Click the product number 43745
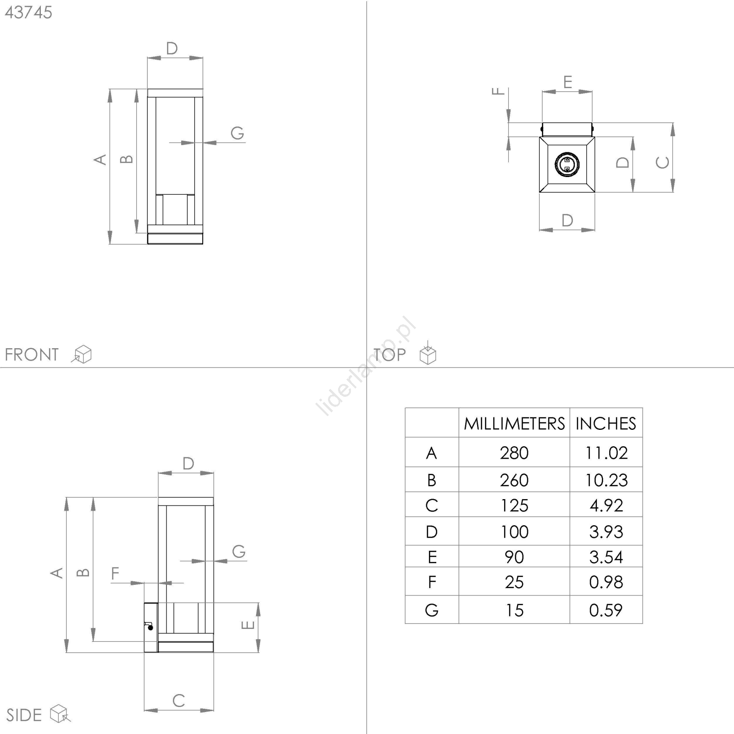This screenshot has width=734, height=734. coord(28,12)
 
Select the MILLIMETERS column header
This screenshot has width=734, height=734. coord(514,423)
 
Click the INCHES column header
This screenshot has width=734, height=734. coord(606,423)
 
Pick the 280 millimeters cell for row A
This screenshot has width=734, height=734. coord(514,453)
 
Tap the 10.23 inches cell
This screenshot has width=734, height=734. coord(606,480)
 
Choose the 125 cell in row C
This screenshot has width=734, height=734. coord(514,505)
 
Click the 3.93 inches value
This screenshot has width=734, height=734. coord(606,532)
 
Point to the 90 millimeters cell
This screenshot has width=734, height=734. coord(514,557)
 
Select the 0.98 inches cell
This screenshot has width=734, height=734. coord(606,582)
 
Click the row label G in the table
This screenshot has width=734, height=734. coord(432,610)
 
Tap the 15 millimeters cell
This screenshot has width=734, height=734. coord(514,610)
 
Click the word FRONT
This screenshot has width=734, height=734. coord(32,355)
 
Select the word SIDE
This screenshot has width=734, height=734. coord(24,715)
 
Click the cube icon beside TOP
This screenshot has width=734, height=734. coord(428,353)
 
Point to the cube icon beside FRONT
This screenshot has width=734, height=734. coord(82,354)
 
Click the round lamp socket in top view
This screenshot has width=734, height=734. coord(567,164)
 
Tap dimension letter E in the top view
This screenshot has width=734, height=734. coord(567,82)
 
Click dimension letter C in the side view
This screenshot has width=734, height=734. coord(178,701)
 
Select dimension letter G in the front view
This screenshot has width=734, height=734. coord(237,133)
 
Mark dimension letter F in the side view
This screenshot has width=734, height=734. coord(115,573)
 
